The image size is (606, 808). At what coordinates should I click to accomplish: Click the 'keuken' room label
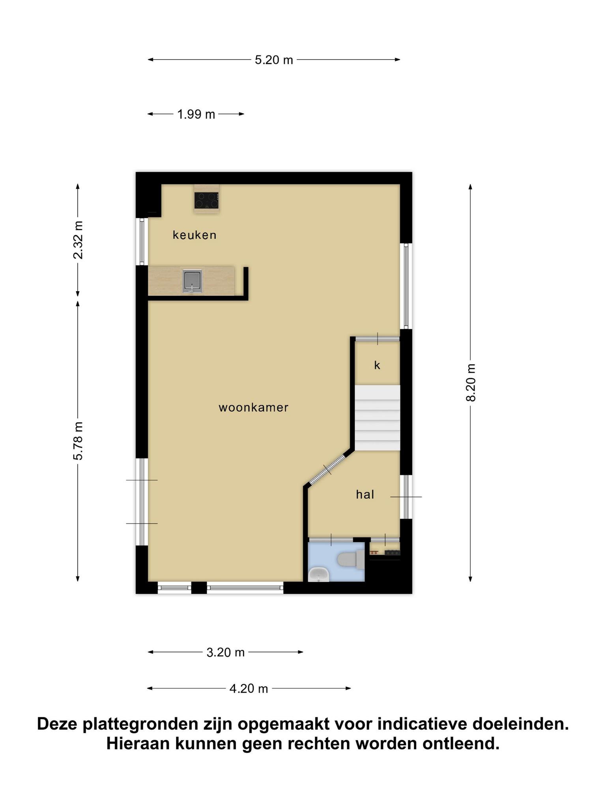[x=195, y=235]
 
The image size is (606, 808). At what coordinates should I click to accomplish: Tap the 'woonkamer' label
[x=254, y=408]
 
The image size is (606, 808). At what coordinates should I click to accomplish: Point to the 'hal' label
[x=365, y=494]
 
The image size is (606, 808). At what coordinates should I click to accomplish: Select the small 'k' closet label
[x=377, y=365]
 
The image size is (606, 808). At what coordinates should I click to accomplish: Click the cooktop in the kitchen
[x=206, y=200]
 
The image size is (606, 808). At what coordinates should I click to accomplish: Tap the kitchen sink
[x=192, y=281]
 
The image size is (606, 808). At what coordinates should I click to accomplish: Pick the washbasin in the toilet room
[x=319, y=574]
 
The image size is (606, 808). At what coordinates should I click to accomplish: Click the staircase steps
[x=378, y=418]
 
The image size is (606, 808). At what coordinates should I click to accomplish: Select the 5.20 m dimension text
[x=274, y=60]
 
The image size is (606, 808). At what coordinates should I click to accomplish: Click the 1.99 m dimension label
[x=196, y=114]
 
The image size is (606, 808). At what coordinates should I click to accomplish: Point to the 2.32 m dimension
[x=78, y=240]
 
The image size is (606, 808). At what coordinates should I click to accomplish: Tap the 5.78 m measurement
[x=78, y=441]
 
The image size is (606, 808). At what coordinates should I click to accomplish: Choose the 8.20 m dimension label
[x=471, y=383]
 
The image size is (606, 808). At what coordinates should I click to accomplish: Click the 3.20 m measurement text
[x=226, y=653]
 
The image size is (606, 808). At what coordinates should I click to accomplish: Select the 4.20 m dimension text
[x=249, y=689]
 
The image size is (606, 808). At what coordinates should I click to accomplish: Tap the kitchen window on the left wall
[x=142, y=241]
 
